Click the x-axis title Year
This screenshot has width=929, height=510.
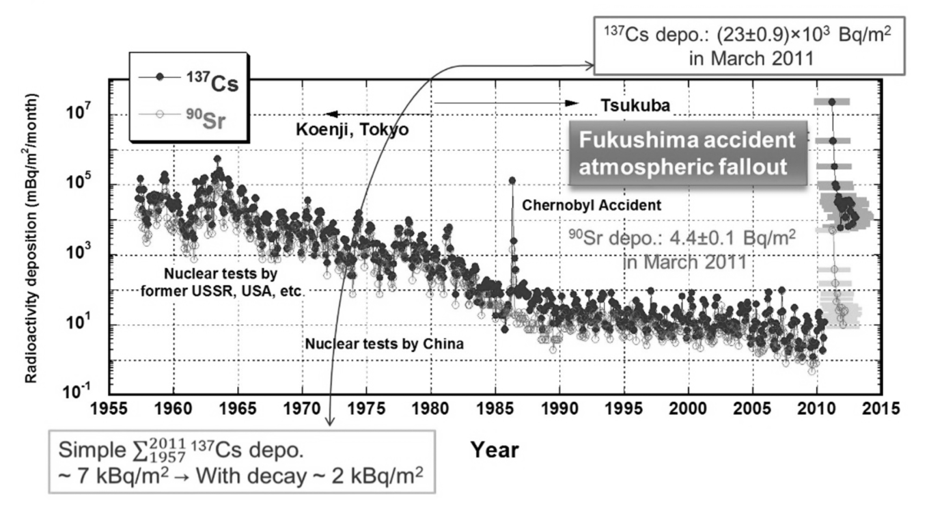click(495, 449)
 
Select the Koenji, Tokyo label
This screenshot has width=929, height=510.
click(352, 129)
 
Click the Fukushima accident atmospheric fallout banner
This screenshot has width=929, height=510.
click(687, 153)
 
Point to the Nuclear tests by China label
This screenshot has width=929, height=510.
click(385, 344)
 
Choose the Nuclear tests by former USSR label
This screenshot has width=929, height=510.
click(232, 281)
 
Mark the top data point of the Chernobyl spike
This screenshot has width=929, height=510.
click(512, 180)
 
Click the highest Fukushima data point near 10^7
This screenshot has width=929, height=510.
click(831, 102)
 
